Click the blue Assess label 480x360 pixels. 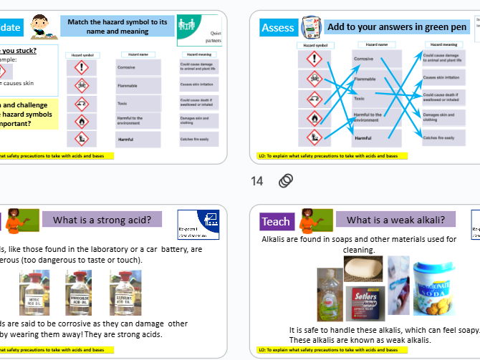(278, 28)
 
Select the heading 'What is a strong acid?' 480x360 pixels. (102, 220)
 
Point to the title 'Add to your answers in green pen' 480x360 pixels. (396, 27)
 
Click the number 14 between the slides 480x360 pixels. (257, 181)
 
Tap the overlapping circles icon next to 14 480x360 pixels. (285, 181)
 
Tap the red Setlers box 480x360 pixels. (365, 304)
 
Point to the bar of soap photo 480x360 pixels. (363, 269)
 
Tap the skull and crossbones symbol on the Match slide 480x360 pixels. (82, 86)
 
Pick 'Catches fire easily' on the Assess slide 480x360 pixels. (438, 137)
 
